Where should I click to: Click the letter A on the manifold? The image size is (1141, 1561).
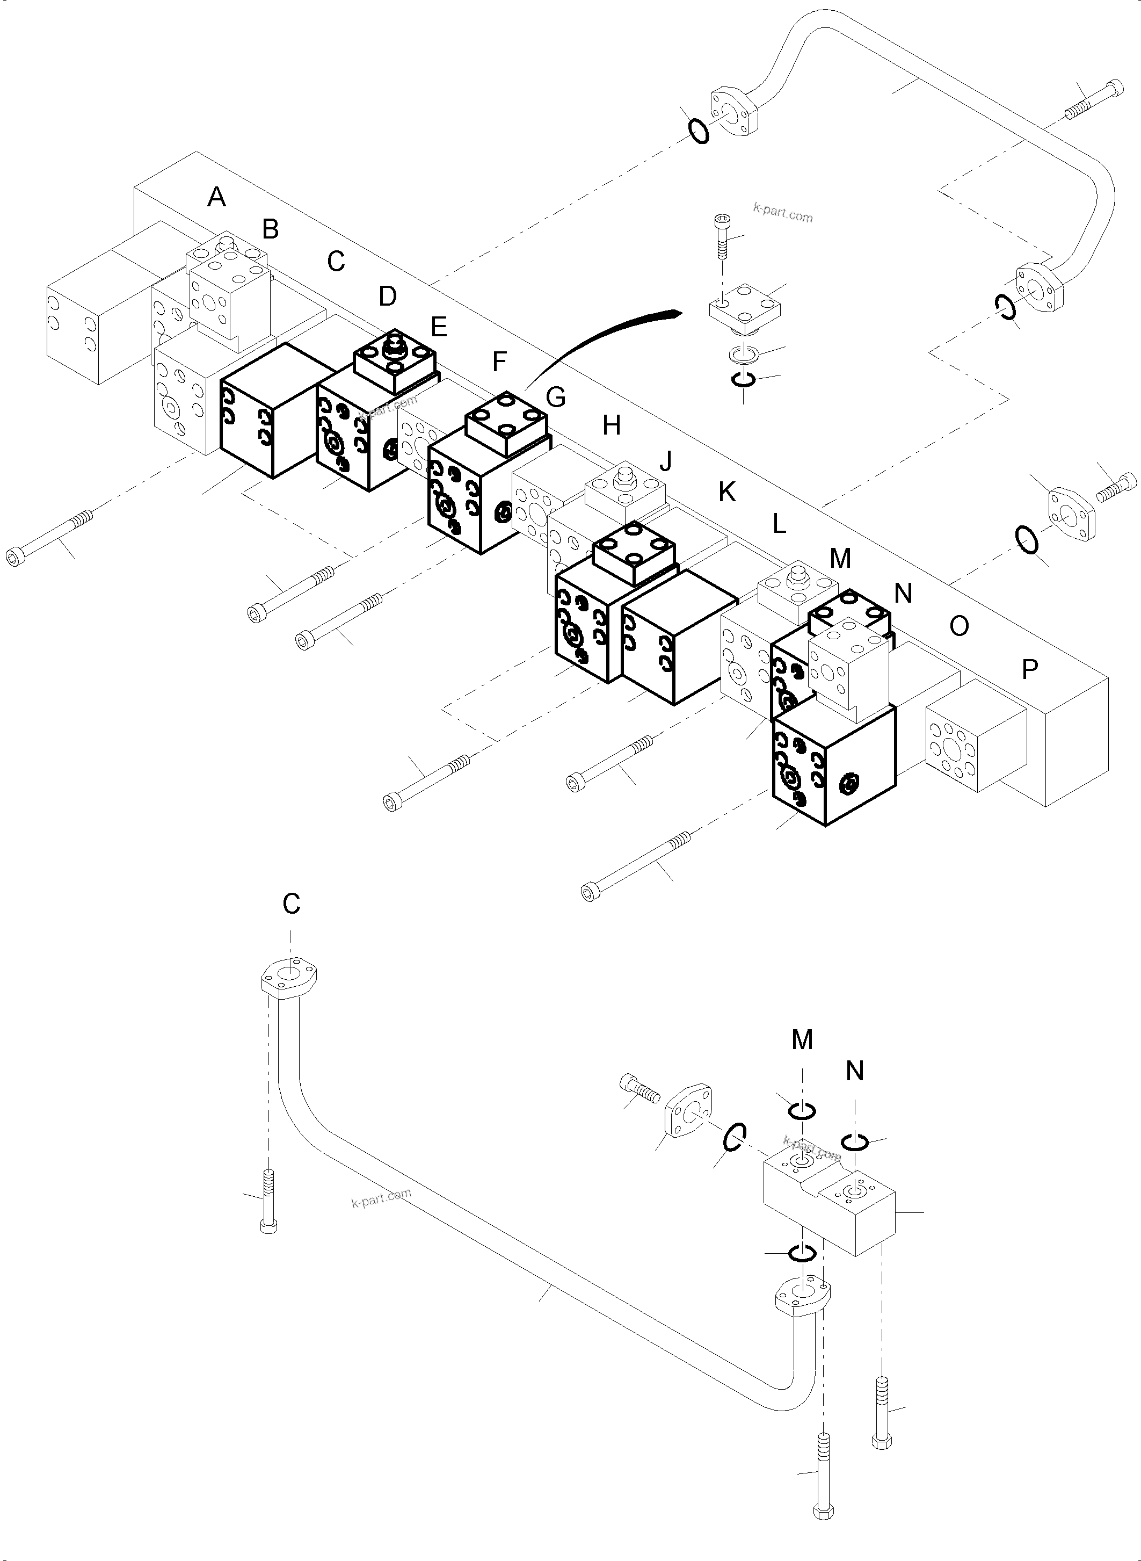pos(216,198)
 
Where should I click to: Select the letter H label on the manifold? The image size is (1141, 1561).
pos(611,425)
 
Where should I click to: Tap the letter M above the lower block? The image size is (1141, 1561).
pos(802,1039)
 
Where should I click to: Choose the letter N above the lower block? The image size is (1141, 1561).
pos(855,1071)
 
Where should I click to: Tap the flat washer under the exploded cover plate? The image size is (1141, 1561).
pos(743,355)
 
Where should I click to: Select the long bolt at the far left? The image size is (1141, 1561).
pos(48,536)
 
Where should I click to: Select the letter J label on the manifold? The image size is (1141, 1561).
pos(666,461)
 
